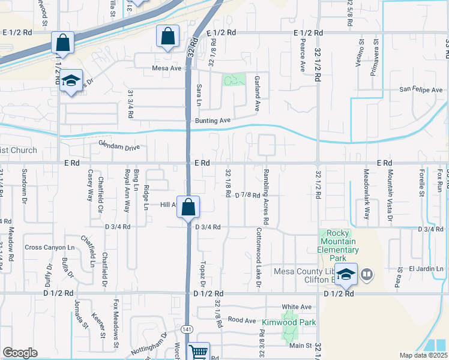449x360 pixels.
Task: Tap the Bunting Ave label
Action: [213, 121]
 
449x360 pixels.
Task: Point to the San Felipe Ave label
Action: [421, 90]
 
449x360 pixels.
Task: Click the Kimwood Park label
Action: [293, 322]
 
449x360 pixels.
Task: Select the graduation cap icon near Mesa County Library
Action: [346, 274]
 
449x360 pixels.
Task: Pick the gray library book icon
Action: [366, 275]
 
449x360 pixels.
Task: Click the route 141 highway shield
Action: [187, 329]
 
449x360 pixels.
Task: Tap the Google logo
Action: [20, 353]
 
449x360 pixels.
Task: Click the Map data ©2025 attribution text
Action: [423, 355]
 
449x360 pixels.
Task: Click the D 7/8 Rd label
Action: [247, 195]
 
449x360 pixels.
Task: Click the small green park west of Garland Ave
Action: [235, 80]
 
